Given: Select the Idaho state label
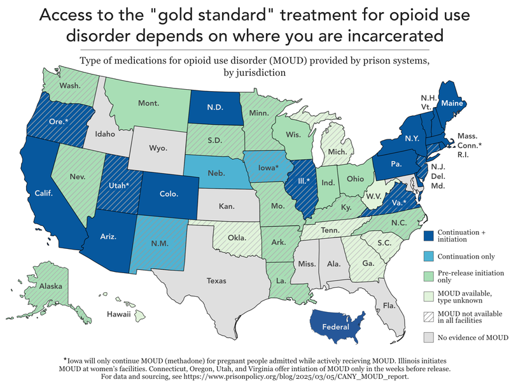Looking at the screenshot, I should tap(105, 134).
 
